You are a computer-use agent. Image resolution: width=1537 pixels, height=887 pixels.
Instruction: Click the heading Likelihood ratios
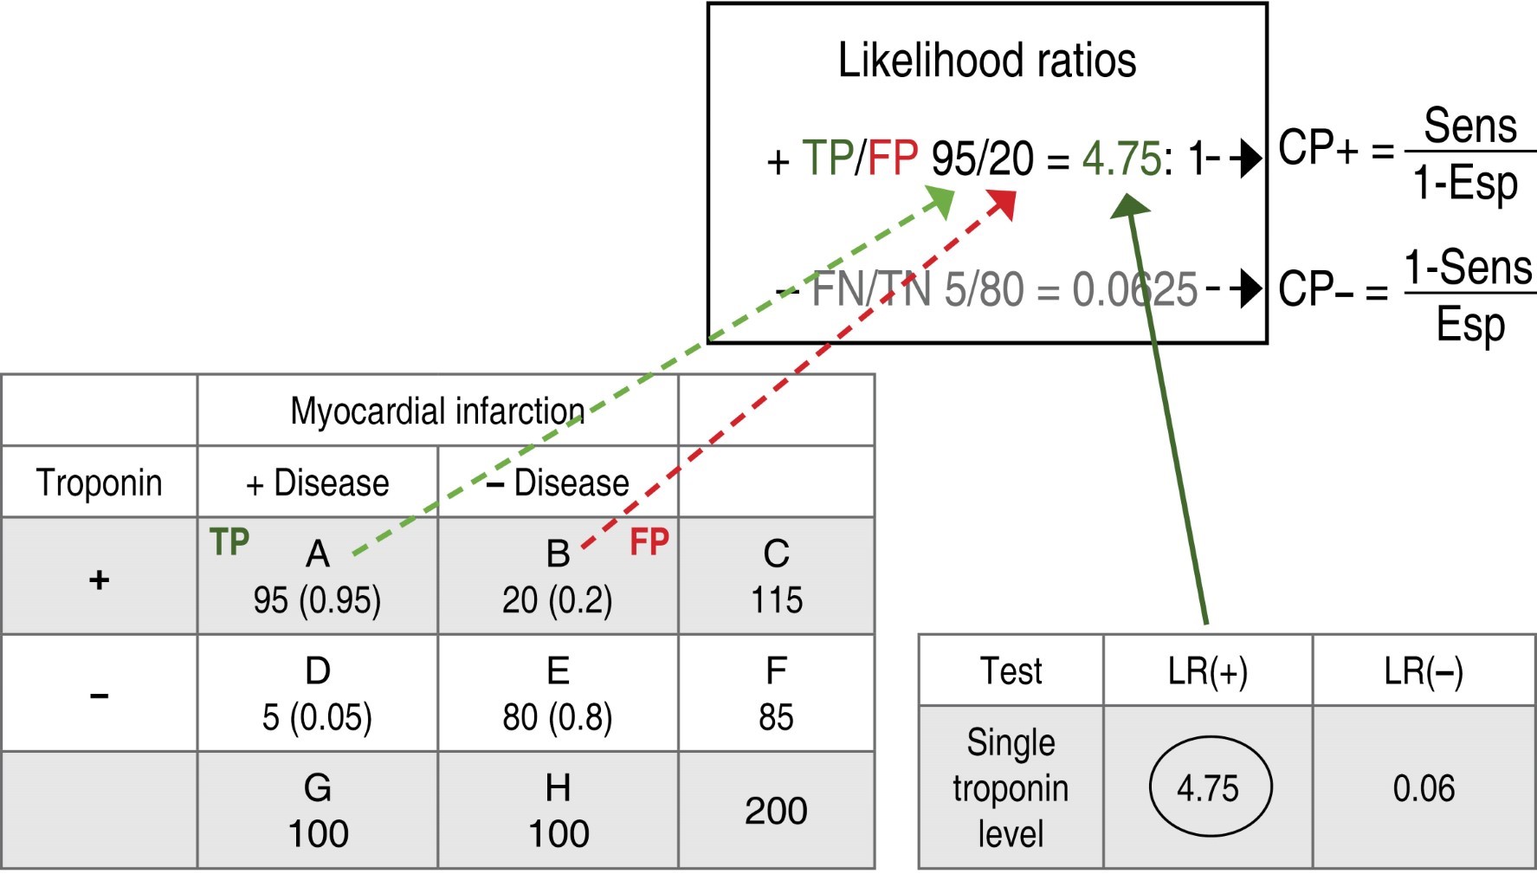click(x=986, y=61)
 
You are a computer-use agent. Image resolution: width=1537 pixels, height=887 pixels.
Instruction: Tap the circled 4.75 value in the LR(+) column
click(x=1209, y=787)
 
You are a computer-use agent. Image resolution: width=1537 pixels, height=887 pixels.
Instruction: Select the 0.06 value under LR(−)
click(x=1423, y=787)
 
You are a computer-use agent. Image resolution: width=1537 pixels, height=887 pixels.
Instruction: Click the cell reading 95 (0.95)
click(x=317, y=600)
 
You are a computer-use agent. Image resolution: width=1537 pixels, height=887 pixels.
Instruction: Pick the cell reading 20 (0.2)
click(x=557, y=600)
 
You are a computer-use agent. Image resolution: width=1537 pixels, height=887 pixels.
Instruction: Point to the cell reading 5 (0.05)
click(x=317, y=717)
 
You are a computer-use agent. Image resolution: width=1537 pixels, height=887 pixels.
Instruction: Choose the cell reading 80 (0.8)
click(x=557, y=717)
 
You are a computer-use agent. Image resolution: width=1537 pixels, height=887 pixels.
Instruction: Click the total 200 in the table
click(x=776, y=810)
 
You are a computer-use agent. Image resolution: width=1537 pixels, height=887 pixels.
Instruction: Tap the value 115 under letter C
click(x=776, y=600)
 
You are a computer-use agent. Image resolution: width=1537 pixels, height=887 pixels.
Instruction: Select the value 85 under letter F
click(x=776, y=717)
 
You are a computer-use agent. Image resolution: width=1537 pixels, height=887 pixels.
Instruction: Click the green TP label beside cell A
click(x=229, y=542)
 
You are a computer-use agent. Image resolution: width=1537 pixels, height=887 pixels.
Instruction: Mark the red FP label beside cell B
click(x=649, y=542)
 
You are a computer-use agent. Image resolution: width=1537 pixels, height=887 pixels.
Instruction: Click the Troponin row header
click(x=99, y=482)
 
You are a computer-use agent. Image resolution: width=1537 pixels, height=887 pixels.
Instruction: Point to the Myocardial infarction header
click(x=437, y=411)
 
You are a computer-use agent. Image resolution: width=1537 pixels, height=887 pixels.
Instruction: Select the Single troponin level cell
click(x=1011, y=787)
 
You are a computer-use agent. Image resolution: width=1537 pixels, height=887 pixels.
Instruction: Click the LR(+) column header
click(x=1207, y=671)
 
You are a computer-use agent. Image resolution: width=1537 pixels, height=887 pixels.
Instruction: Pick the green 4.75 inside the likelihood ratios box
click(x=1120, y=159)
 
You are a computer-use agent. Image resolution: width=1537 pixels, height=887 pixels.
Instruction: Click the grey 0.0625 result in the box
click(x=1134, y=289)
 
